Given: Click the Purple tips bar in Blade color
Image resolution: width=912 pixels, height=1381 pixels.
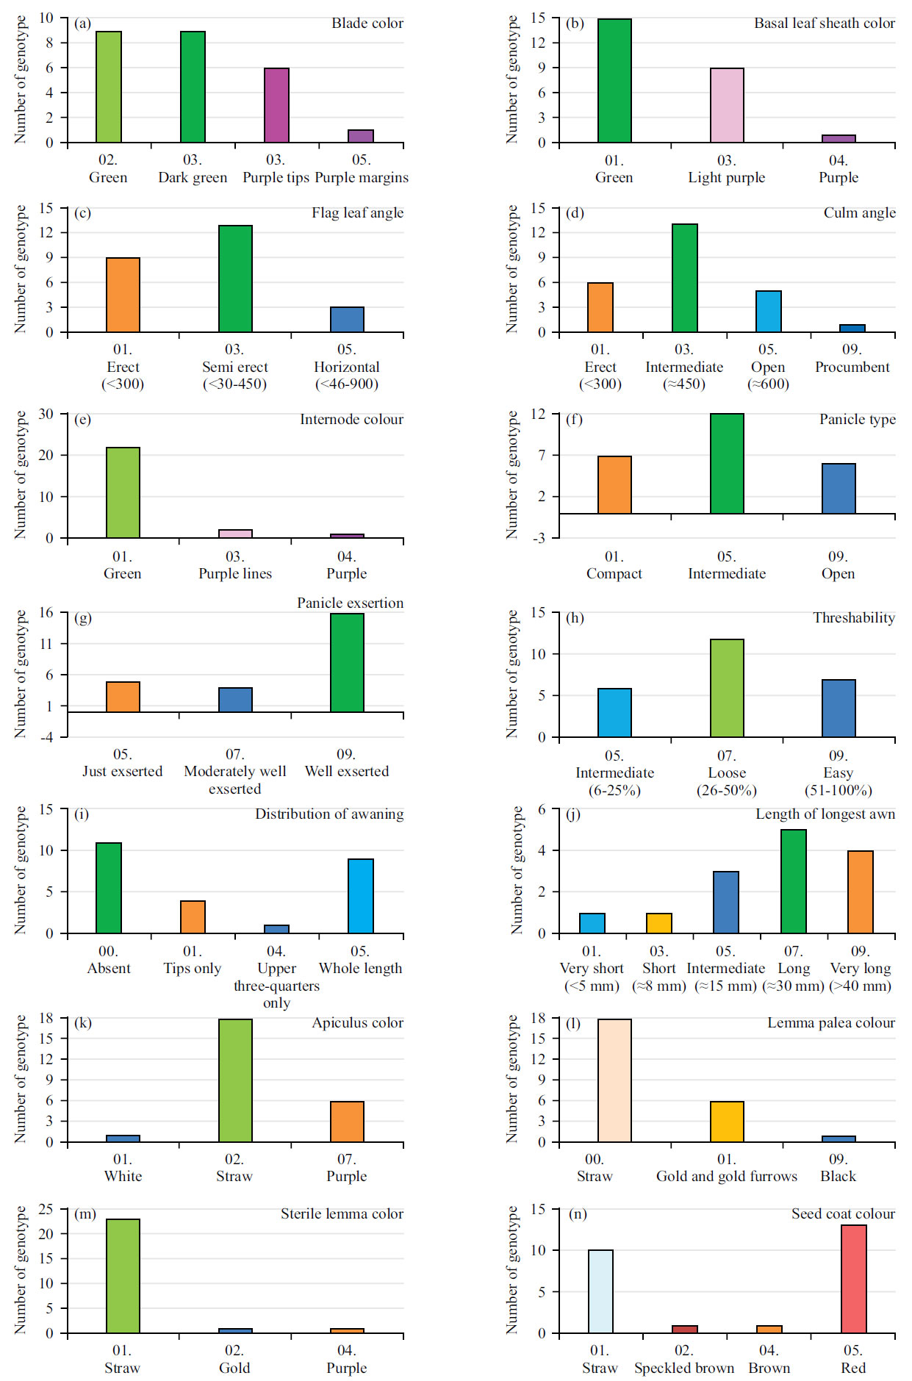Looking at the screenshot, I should coord(276,105).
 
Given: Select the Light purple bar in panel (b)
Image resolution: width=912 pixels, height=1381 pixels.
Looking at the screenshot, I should coord(727,105).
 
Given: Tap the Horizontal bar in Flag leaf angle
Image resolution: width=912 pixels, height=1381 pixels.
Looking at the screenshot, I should coord(347,320).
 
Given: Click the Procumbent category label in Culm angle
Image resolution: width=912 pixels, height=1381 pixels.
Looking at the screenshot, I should coord(852,367).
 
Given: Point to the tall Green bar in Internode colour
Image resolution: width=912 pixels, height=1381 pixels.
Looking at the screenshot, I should coord(123,492).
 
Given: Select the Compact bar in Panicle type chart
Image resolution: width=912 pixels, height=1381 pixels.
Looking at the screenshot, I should coord(614,485).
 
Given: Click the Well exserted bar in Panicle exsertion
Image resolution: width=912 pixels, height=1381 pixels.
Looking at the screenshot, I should coord(347,662).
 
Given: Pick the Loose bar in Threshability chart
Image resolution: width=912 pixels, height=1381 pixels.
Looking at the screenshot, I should coord(727,688).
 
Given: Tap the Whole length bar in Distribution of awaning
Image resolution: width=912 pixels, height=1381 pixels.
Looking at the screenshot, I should coord(360,896).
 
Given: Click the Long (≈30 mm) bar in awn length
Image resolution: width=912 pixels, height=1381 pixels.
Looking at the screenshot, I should coord(793,881).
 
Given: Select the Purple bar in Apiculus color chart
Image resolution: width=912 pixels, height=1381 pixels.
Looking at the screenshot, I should coord(347,1122).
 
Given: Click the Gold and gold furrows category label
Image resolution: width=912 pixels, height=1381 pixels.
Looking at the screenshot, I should coord(726,1176).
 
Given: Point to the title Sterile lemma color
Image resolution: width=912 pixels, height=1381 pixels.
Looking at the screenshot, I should coord(342,1213).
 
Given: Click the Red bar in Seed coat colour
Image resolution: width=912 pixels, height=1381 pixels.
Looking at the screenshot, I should coord(853,1279).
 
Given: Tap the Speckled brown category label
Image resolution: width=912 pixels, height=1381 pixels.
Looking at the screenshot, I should coord(683,1368).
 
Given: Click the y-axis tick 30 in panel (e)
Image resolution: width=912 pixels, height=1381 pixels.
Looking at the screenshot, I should coord(46,414).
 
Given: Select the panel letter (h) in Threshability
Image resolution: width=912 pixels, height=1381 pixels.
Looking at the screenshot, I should coord(575,617).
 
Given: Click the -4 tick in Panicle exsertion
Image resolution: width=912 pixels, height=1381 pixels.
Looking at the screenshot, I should coord(46,737).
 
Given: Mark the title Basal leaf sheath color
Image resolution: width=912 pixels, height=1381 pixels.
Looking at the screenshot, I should coord(824,23).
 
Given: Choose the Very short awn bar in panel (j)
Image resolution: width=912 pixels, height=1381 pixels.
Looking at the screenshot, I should coord(592,923).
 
